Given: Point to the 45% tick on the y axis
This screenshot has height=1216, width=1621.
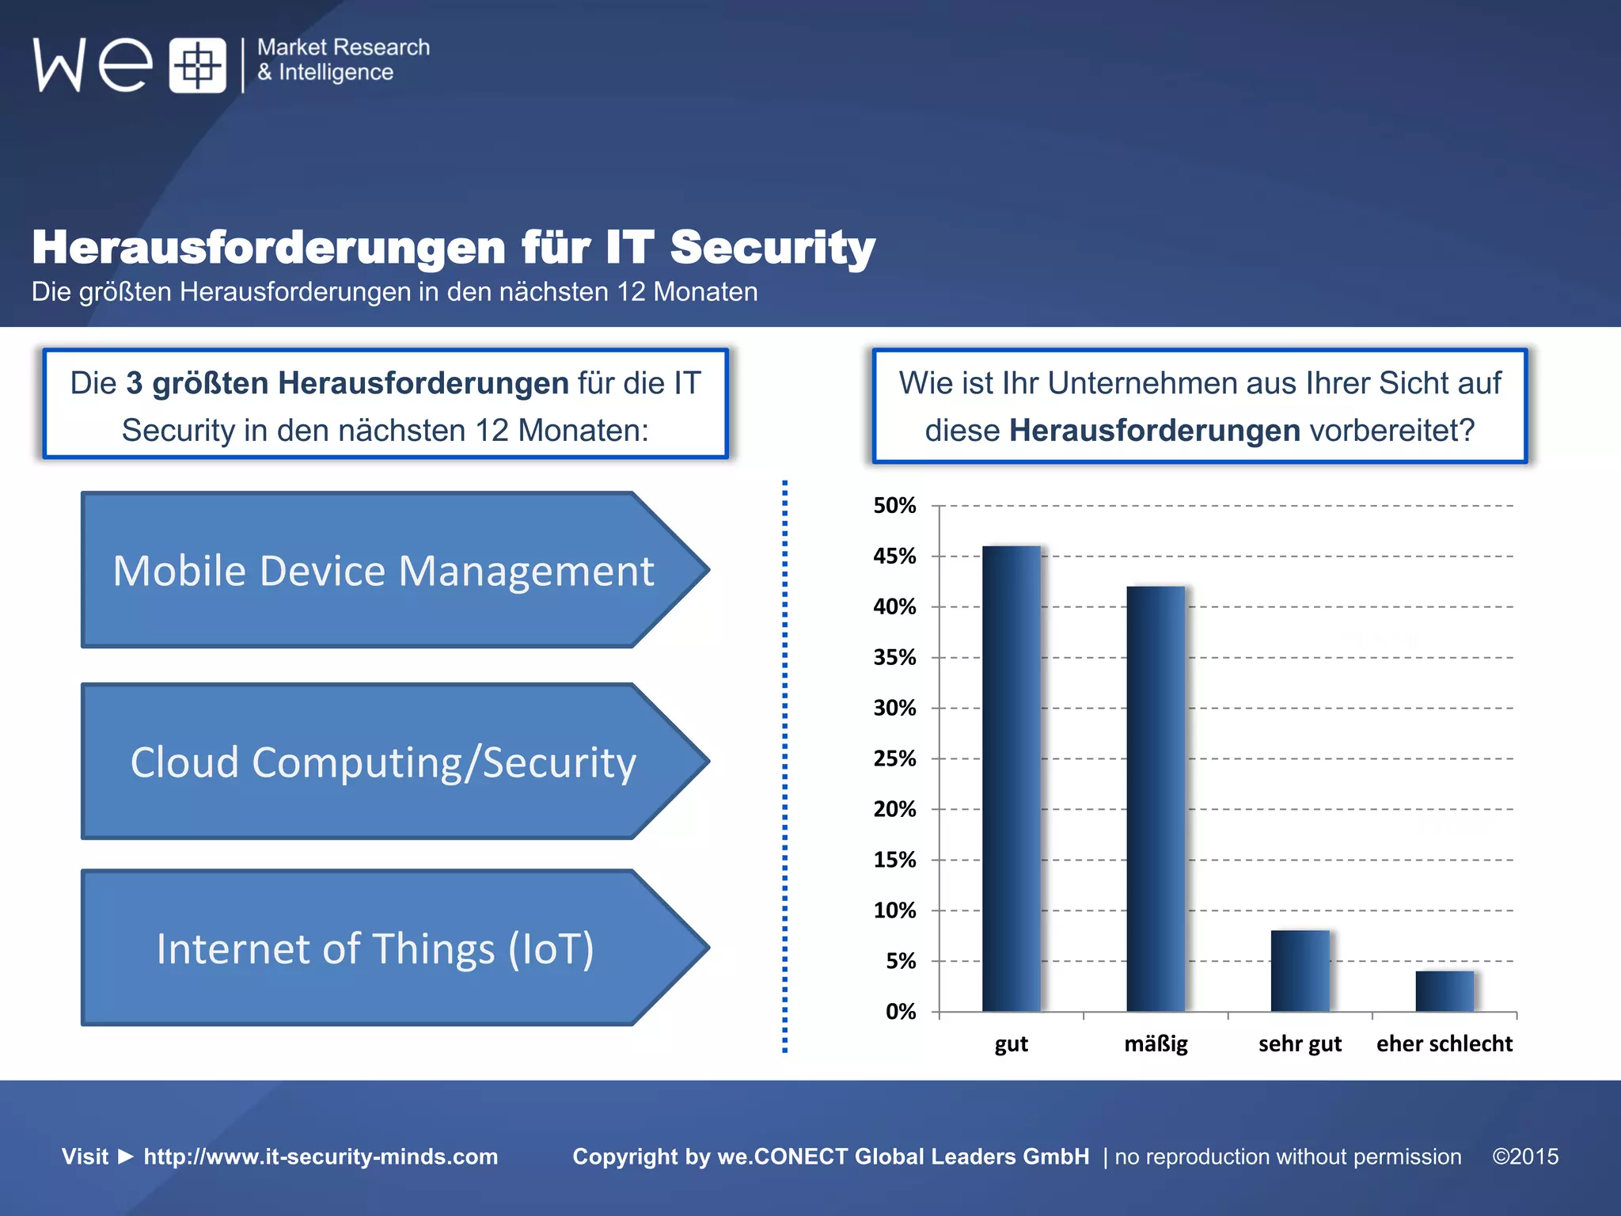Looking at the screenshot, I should pyautogui.click(x=894, y=557).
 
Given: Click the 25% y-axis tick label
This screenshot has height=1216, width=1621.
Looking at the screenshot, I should pyautogui.click(x=894, y=758).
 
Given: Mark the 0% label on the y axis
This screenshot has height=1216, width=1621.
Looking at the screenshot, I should pyautogui.click(x=900, y=1012).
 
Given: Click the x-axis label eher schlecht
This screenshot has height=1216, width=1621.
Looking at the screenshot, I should pyautogui.click(x=1444, y=1043).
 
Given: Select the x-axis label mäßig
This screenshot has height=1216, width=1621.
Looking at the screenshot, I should pyautogui.click(x=1156, y=1043).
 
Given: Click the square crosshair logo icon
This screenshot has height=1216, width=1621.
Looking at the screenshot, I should pyautogui.click(x=197, y=65).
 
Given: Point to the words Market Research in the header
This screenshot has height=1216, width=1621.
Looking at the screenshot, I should pyautogui.click(x=344, y=47).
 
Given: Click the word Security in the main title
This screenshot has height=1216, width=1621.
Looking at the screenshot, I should pyautogui.click(x=772, y=248).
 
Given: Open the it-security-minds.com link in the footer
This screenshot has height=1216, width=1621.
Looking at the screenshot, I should pyautogui.click(x=321, y=1157).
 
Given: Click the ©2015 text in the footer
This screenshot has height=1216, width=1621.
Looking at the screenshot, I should pyautogui.click(x=1525, y=1157).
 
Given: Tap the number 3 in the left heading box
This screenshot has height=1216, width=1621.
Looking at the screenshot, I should pyautogui.click(x=135, y=383).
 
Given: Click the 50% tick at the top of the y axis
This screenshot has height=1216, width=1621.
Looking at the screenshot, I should pyautogui.click(x=894, y=506).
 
